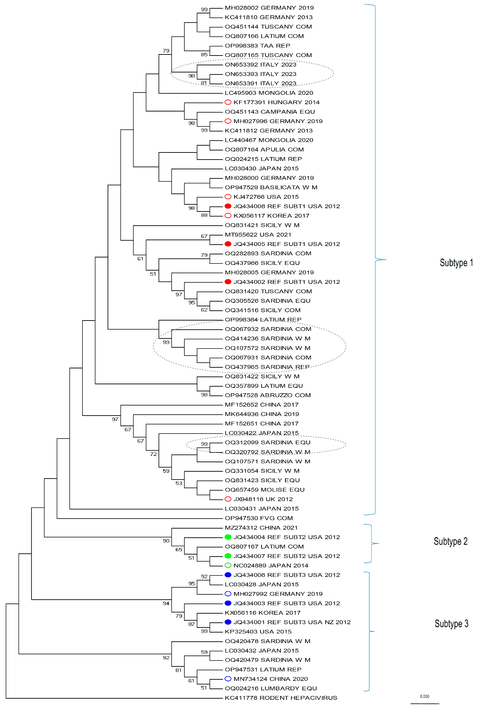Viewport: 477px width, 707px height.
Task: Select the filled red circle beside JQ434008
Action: click(x=228, y=206)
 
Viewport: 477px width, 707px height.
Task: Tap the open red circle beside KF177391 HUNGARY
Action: click(x=228, y=102)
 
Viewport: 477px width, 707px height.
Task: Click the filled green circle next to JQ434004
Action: click(x=228, y=537)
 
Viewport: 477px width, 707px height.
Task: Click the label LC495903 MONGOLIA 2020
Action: click(x=269, y=93)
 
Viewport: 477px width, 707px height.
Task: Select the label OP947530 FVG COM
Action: click(x=259, y=518)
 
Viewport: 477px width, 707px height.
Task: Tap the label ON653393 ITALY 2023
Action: click(x=260, y=74)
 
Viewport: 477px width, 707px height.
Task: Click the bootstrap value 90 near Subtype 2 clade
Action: click(x=166, y=541)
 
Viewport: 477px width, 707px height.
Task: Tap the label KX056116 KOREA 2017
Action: click(x=262, y=613)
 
